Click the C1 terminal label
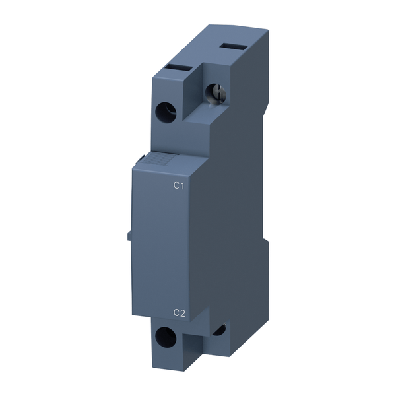(178, 186)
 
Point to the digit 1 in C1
(181, 186)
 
